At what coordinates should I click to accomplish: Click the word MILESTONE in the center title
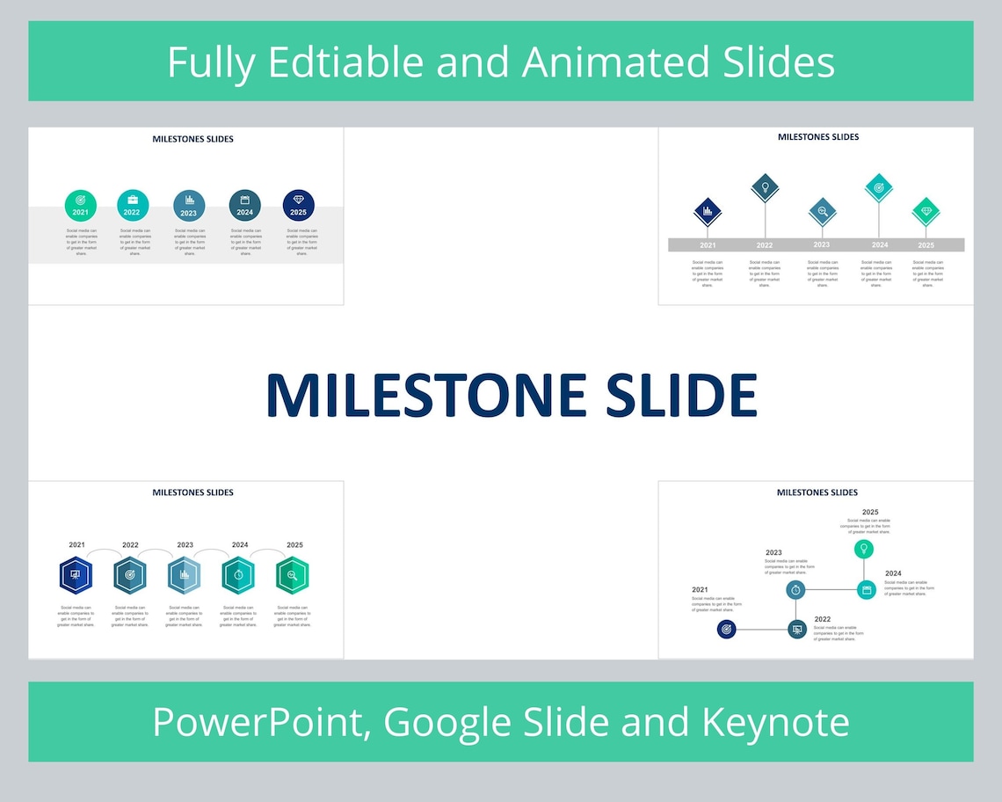[425, 395]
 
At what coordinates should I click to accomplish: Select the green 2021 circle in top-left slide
[80, 204]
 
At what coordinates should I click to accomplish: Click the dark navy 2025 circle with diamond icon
[298, 204]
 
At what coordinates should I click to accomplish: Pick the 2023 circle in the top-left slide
[189, 204]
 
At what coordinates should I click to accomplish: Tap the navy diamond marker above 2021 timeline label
[708, 211]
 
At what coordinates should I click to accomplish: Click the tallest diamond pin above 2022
[766, 186]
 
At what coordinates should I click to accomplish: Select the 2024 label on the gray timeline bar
[880, 244]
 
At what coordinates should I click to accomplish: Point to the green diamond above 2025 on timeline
[926, 211]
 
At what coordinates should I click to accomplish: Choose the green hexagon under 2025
[292, 575]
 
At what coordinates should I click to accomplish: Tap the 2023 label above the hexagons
[185, 544]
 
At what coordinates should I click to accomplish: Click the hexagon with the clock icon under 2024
[238, 575]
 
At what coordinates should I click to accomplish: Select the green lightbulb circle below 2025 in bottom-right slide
[864, 550]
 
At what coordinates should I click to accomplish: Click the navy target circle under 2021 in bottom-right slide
[726, 629]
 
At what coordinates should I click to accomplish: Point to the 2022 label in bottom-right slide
[823, 619]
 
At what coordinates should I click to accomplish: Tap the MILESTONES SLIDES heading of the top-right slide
[818, 137]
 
